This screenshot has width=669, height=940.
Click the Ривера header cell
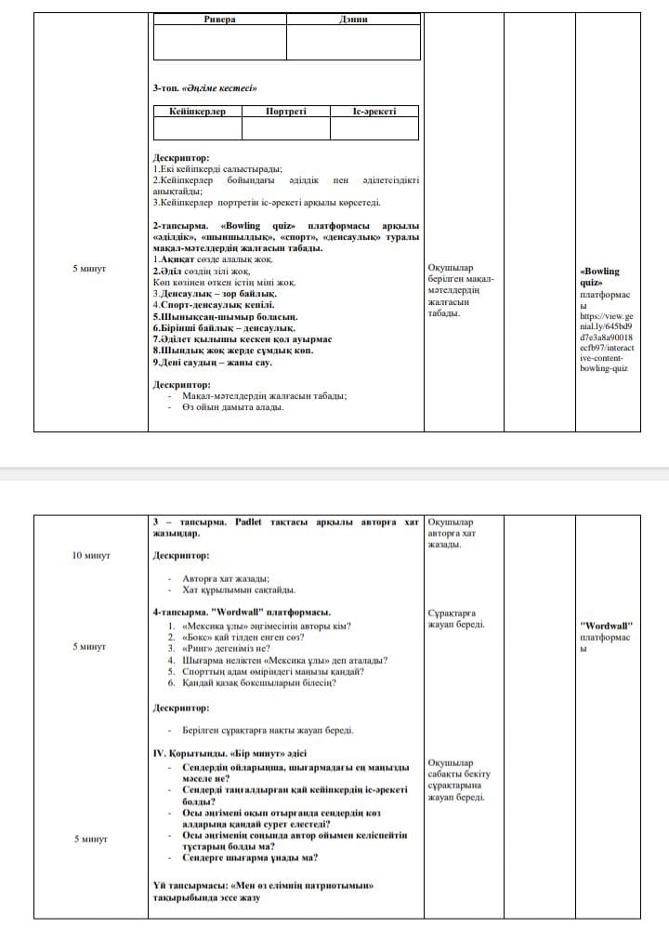coord(219,19)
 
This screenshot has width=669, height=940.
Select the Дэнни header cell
coord(353,19)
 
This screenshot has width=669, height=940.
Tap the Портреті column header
coord(285,111)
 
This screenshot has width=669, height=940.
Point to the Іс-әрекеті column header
coord(374,111)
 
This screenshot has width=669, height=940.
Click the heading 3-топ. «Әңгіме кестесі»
coord(204,88)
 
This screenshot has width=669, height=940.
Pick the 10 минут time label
coord(91,555)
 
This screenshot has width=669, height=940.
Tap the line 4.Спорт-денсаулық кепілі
coord(214,305)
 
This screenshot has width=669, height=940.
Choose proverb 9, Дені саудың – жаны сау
coord(213,363)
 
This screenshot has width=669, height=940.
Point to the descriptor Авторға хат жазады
coord(226,578)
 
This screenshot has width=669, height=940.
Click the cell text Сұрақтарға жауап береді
coord(456,619)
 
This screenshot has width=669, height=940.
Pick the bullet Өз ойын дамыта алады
coord(233,407)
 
